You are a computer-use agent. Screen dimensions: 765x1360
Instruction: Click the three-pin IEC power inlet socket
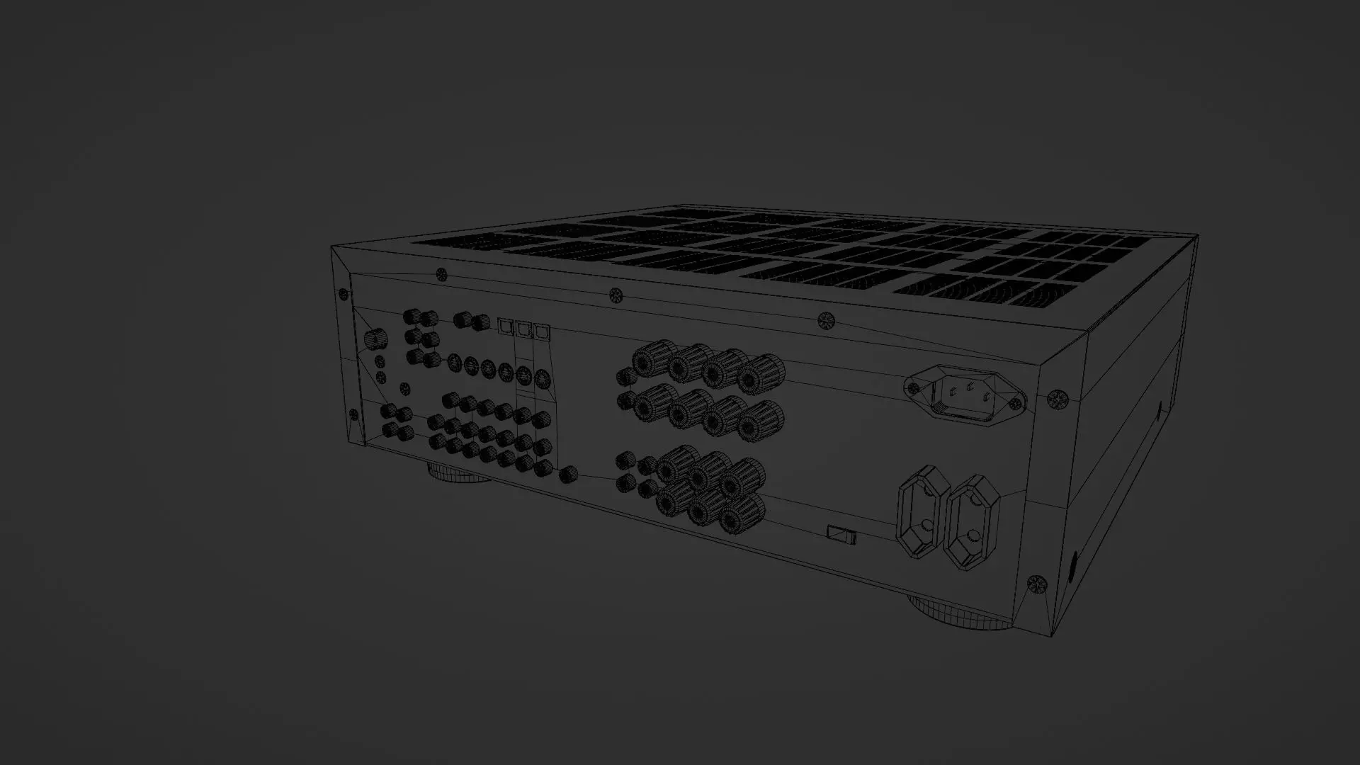pos(965,394)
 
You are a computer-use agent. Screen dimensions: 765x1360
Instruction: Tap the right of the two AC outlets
pos(973,522)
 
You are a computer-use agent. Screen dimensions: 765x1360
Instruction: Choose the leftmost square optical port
pos(505,326)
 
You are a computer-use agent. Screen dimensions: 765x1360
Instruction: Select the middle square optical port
pos(523,329)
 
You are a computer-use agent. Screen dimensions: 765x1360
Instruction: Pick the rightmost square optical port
pos(542,331)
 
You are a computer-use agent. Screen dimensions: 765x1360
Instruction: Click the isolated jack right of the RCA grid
pos(567,475)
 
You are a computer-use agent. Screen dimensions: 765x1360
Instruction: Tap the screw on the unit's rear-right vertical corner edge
pos(1056,399)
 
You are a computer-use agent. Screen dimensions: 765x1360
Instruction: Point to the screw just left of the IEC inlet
pos(914,387)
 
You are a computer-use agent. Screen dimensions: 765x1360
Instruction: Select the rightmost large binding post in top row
pos(759,374)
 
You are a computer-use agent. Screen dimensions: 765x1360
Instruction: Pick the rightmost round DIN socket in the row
pos(541,378)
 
